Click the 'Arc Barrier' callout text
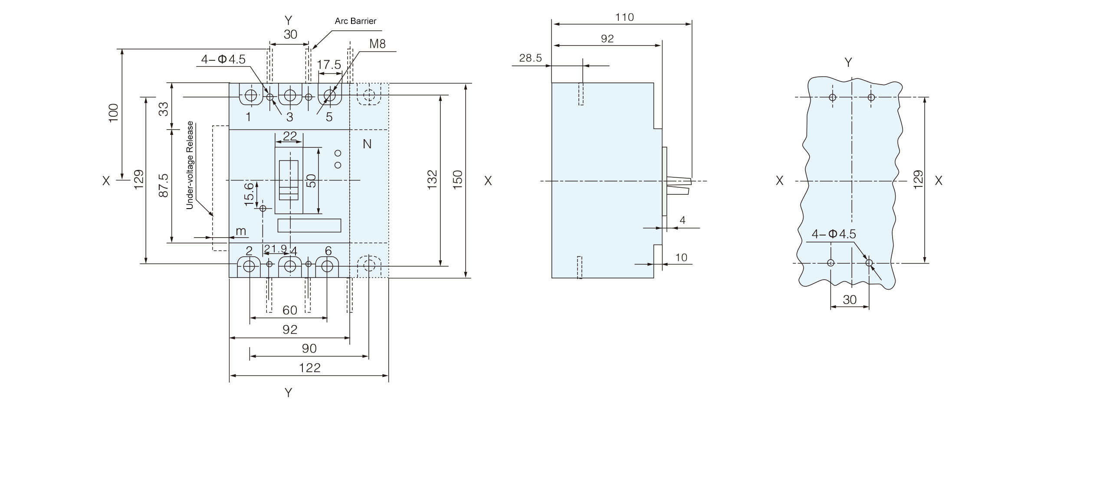(x=355, y=21)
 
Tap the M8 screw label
(x=378, y=44)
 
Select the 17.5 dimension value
(x=329, y=65)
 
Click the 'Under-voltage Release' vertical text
(x=190, y=165)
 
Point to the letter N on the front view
(x=367, y=144)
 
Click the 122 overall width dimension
(x=310, y=368)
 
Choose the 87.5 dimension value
(x=163, y=186)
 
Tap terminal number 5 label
(x=329, y=117)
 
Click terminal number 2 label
(x=249, y=251)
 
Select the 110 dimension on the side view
(x=624, y=17)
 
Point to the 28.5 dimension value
(x=530, y=58)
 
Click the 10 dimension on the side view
(x=681, y=258)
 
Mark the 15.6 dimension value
(x=249, y=193)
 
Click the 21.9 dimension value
(x=276, y=248)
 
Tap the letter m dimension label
(x=241, y=231)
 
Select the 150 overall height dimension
(x=458, y=180)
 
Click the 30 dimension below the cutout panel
(x=850, y=300)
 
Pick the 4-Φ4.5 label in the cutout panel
(x=834, y=234)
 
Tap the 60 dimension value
(x=290, y=310)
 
